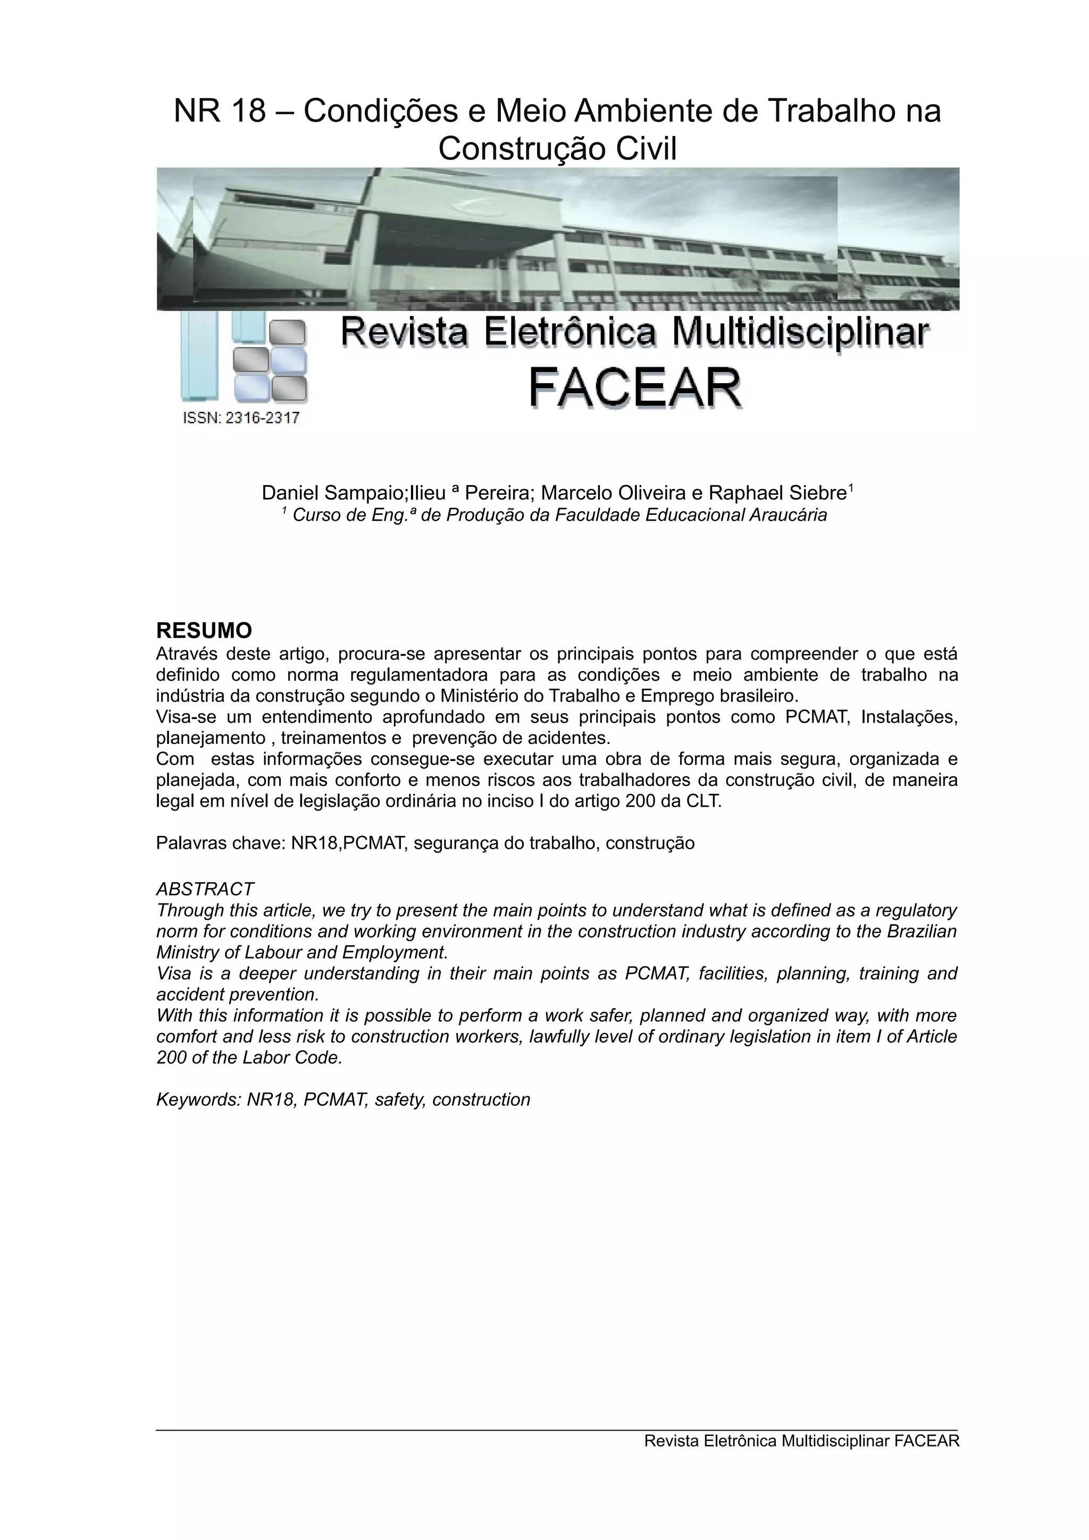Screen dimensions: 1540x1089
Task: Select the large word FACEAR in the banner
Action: [x=635, y=388]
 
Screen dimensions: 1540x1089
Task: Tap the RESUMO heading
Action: [x=204, y=630]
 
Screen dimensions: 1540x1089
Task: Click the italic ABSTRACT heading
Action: [x=205, y=890]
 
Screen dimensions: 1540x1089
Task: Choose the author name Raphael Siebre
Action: [x=777, y=493]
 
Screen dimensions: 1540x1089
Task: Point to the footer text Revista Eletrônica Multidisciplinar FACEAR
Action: [x=801, y=1441]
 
